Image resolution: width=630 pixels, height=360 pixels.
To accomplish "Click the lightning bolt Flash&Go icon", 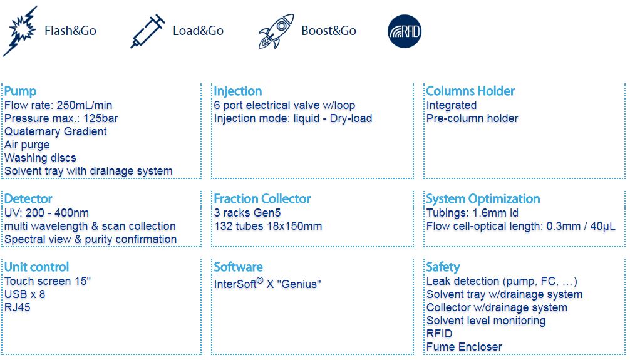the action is pos(20,31).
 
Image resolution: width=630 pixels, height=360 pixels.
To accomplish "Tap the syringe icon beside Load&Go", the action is pos(147,31).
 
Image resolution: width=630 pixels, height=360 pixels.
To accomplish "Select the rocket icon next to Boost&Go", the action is pos(276,31).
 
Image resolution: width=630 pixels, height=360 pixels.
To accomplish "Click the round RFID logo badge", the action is pos(405,31).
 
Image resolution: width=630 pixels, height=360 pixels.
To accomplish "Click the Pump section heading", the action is pos(20,91).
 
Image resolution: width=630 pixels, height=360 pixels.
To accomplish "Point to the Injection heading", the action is pos(238,91).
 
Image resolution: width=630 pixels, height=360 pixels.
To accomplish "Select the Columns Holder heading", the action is pos(470,91).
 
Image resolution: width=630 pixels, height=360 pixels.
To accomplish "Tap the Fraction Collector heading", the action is pos(262,199).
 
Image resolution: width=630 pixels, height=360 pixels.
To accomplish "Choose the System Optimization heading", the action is pos(483,199).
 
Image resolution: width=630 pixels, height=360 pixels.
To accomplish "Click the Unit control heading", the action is pos(36,267).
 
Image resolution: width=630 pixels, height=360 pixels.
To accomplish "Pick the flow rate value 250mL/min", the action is pos(85,105).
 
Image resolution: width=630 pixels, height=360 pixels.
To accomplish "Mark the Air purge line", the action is pos(27,145).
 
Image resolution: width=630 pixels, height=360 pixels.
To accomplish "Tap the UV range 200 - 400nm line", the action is pos(46,213).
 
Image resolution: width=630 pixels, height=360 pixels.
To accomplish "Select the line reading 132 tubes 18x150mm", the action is pos(268,226).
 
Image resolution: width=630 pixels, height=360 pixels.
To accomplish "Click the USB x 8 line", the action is pos(24,294).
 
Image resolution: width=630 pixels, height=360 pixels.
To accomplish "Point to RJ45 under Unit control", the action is pos(18,307).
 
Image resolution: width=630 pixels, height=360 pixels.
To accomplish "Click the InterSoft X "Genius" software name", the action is pos(267,283).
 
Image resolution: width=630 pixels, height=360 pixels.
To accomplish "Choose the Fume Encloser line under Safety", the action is pos(464,347).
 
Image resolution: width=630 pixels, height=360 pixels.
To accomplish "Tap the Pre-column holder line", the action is pos(472,118).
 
